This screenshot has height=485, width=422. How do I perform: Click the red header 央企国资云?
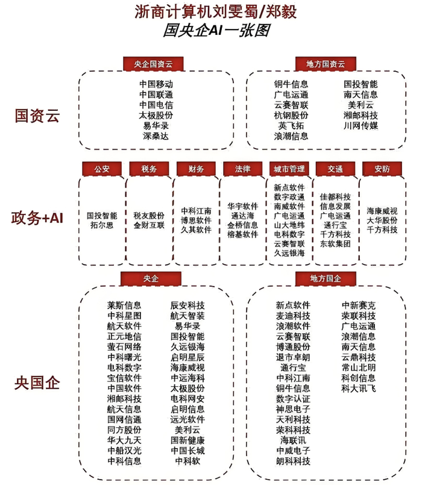coord(153,64)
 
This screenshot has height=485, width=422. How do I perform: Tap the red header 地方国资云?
coord(326,64)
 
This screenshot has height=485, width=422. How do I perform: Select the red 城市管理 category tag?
coord(289,169)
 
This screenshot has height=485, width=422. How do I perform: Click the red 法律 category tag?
coord(242,169)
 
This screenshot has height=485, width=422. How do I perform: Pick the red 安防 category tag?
coord(382,169)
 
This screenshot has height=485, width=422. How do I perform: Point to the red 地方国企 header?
coord(326,279)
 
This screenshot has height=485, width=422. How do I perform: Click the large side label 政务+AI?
coord(37,217)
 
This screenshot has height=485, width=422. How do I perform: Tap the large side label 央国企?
coord(37,383)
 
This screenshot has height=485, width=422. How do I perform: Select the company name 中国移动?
coord(156,84)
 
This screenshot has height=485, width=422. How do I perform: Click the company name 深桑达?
coord(156,136)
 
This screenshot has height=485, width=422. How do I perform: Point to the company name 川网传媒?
coord(361,125)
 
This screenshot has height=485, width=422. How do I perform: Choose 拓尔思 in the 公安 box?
coord(102,225)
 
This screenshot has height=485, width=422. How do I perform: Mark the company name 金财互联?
coord(149,225)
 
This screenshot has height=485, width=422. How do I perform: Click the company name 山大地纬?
coord(289,225)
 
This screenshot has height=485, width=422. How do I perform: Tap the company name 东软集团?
coord(335,244)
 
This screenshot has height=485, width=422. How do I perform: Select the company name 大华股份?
coord(382,221)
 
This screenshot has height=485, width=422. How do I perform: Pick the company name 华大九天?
coord(124,440)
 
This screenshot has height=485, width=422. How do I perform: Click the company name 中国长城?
coord(187,451)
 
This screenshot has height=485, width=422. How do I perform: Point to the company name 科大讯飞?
coord(359,388)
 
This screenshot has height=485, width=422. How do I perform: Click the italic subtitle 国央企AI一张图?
coord(216,30)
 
